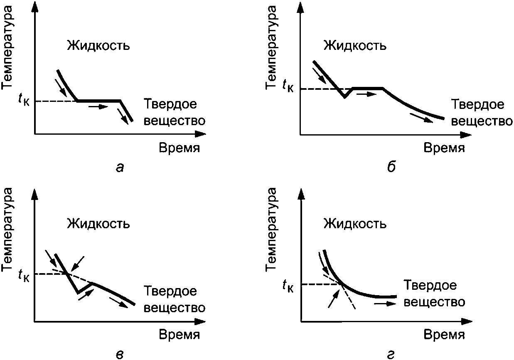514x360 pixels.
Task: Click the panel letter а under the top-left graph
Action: pyautogui.click(x=120, y=168)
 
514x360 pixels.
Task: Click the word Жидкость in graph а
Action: pyautogui.click(x=98, y=45)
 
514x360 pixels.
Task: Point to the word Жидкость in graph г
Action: pyautogui.click(x=355, y=223)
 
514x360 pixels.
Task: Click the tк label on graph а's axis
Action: pyautogui.click(x=24, y=100)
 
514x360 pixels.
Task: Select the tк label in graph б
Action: pyautogui.click(x=288, y=86)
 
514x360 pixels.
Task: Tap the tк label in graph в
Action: pyautogui.click(x=24, y=275)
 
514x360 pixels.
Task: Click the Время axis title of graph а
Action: pyautogui.click(x=180, y=148)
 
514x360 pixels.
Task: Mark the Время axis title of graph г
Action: pyautogui.click(x=444, y=335)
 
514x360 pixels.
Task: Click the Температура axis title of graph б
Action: pyautogui.click(x=271, y=48)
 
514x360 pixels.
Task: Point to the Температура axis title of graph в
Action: pyautogui.click(x=6, y=229)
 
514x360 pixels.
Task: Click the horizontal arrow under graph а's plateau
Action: pyautogui.click(x=98, y=106)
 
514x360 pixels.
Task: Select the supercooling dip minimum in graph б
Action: pyautogui.click(x=344, y=97)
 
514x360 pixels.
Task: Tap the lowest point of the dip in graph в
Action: pyautogui.click(x=78, y=293)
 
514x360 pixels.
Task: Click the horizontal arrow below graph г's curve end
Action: pyautogui.click(x=385, y=304)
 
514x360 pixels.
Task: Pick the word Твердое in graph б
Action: pyautogui.click(x=478, y=104)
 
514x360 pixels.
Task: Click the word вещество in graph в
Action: pyautogui.click(x=175, y=308)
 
